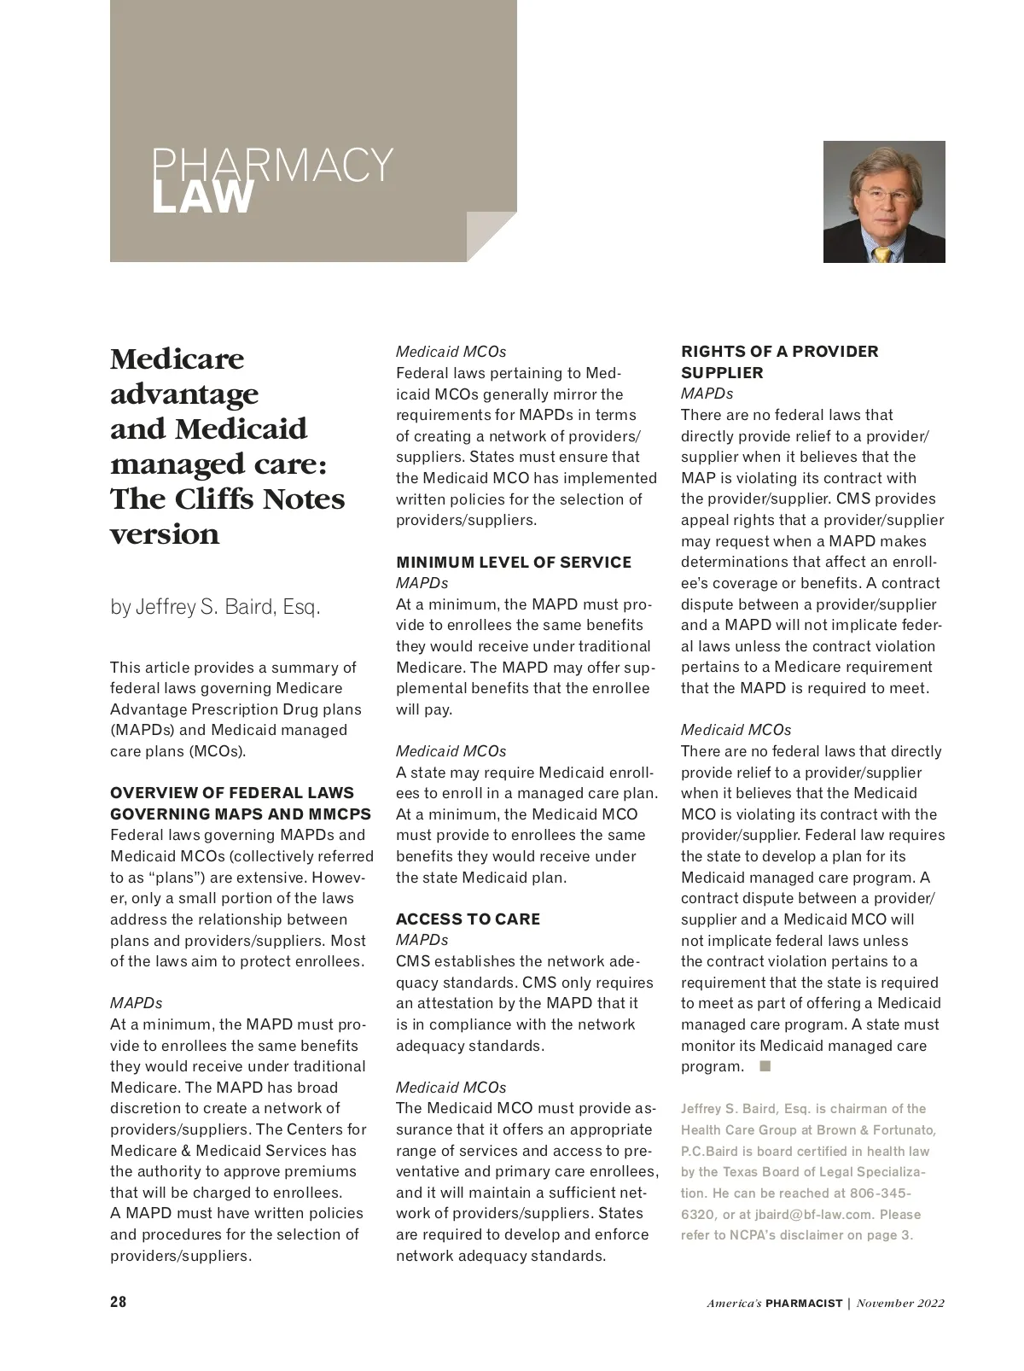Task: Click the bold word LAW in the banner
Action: point(203,198)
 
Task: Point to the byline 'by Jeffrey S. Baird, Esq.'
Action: point(215,608)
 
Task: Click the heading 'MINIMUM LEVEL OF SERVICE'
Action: point(514,563)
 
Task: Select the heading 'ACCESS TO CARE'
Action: point(468,919)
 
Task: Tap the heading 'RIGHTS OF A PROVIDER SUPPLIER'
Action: point(779,362)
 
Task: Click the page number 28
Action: point(119,1302)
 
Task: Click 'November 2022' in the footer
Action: point(900,1304)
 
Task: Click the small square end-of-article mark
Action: point(765,1066)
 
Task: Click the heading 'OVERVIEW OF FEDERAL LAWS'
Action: point(232,793)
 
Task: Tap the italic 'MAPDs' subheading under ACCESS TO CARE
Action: point(422,940)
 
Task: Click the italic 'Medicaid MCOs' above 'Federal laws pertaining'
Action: point(451,352)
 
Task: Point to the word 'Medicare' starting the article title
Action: point(177,359)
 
